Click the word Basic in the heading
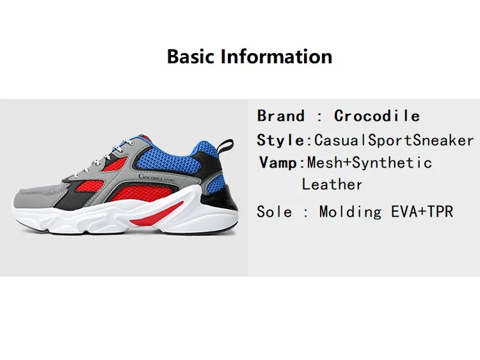click(x=191, y=56)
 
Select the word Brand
click(x=281, y=116)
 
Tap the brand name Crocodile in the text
click(x=377, y=116)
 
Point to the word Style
click(x=280, y=141)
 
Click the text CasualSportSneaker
click(x=394, y=141)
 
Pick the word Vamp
click(x=278, y=162)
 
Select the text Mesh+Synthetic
click(x=369, y=162)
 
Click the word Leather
click(x=332, y=184)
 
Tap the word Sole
click(x=275, y=212)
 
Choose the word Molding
click(x=351, y=212)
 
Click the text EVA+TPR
click(x=422, y=212)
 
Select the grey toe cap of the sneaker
click(x=34, y=199)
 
